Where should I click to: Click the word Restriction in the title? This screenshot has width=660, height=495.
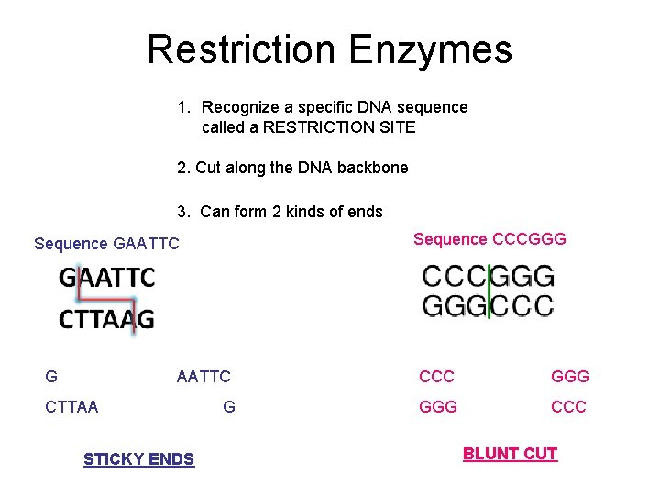click(x=239, y=49)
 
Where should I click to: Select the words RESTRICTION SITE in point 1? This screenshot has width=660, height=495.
click(x=339, y=127)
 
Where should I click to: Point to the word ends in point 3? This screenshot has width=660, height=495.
click(x=365, y=212)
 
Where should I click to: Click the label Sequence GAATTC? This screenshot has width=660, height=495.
click(x=106, y=244)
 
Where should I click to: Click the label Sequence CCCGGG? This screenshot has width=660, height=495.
click(x=489, y=239)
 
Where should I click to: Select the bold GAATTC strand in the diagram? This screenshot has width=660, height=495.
click(x=107, y=277)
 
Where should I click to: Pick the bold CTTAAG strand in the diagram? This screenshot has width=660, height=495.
click(x=107, y=319)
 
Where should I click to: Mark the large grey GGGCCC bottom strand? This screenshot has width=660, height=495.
click(x=488, y=305)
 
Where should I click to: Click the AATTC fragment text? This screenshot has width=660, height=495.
click(x=203, y=377)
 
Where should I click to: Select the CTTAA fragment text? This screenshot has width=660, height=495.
click(x=71, y=406)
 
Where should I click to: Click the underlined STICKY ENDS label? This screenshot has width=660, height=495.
click(x=138, y=459)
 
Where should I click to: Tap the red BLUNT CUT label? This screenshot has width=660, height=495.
click(x=510, y=454)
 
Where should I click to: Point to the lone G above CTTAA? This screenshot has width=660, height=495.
click(x=51, y=377)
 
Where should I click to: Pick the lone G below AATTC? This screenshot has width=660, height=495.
click(x=229, y=406)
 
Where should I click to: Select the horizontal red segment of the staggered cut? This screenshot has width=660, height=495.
click(x=107, y=298)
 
